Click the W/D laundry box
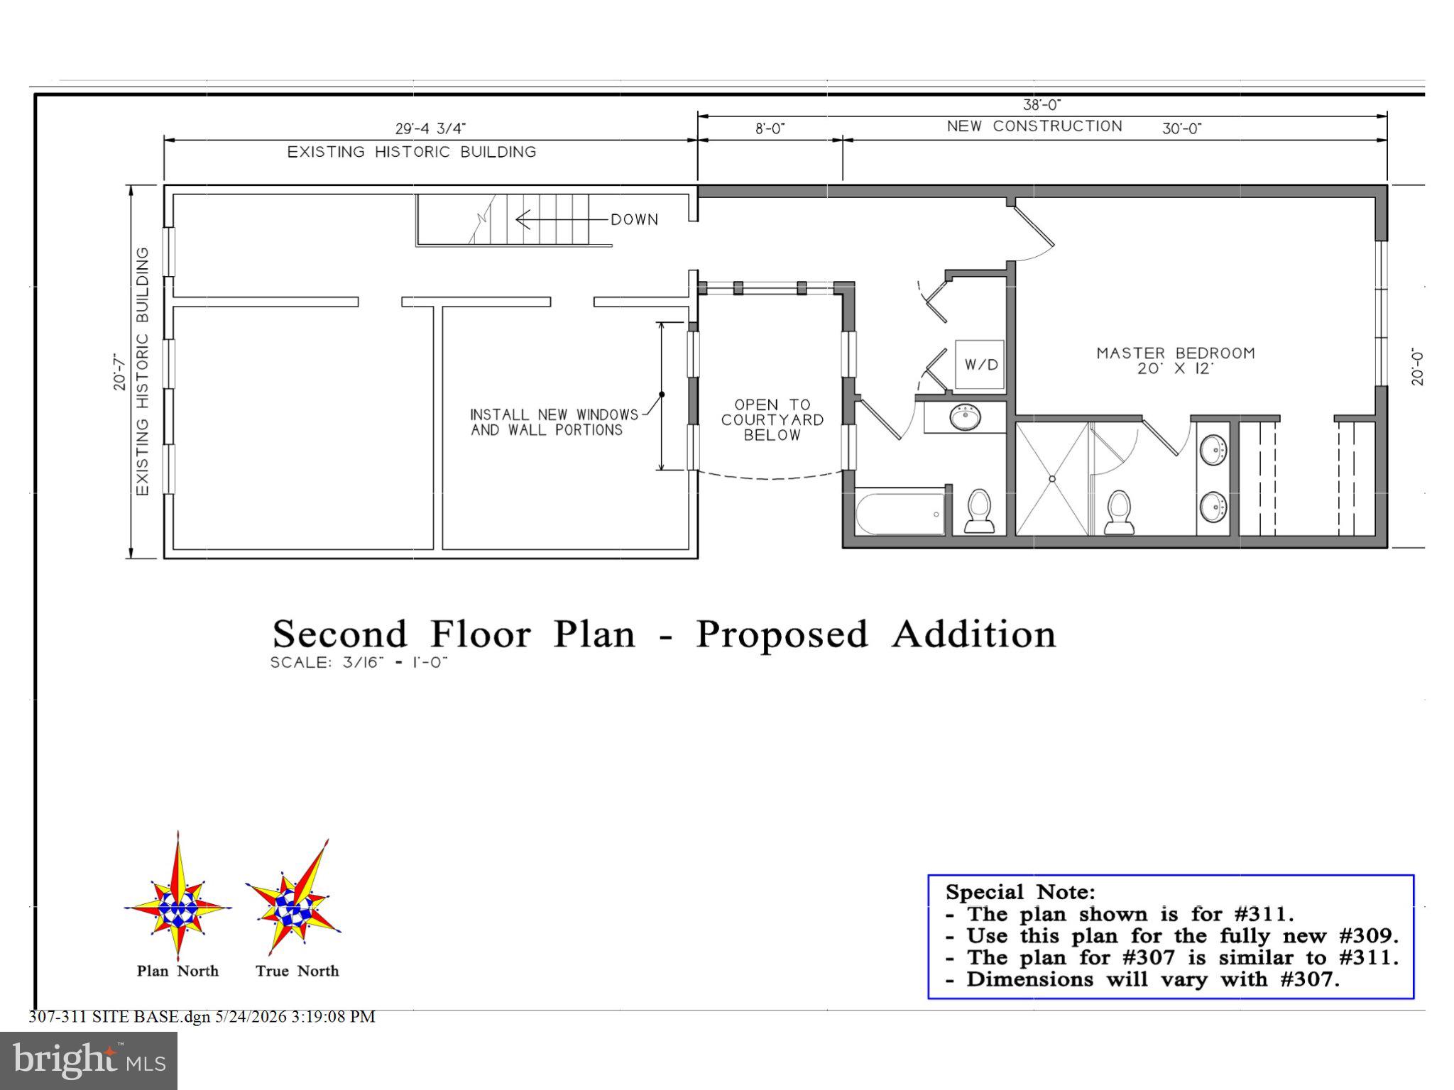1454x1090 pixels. coord(980,365)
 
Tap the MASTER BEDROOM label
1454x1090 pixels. coord(1176,360)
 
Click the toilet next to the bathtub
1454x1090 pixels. coord(980,511)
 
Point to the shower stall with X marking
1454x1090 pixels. coord(1052,479)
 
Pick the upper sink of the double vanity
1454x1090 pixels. coord(1213,451)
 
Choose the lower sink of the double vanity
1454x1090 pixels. coord(1213,507)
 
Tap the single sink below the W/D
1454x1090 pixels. coord(966,417)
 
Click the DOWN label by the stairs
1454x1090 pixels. coord(635,220)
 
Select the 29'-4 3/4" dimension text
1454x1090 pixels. coord(430,128)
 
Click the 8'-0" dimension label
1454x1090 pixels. coord(770,128)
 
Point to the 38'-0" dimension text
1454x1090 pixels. coord(1042,105)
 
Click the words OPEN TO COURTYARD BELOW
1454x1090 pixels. coord(772,420)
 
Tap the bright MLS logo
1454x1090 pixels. coord(89,1060)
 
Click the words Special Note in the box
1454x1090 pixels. coord(1020,892)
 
